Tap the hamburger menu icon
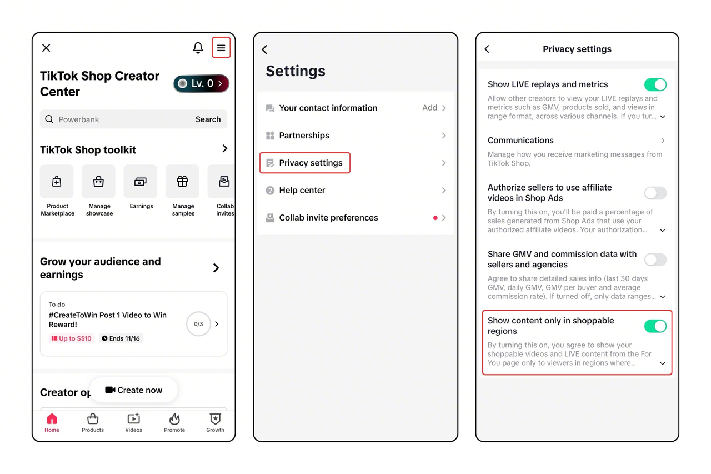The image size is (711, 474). (221, 48)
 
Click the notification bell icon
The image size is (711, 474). (198, 48)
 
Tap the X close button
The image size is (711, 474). (46, 48)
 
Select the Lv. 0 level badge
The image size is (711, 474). (201, 83)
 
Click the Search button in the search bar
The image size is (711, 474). (208, 119)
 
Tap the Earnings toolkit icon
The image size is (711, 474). (141, 181)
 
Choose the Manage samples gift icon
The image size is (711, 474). (182, 181)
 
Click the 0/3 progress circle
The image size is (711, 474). (198, 324)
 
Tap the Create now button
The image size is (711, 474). (134, 390)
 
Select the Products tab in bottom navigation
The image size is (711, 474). (93, 422)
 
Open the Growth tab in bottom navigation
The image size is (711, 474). (215, 422)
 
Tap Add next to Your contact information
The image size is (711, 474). (430, 108)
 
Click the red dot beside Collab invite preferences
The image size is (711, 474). (435, 218)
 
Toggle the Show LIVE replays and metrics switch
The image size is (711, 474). (655, 85)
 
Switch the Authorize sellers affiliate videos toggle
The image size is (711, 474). (655, 193)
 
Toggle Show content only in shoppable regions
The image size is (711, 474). (655, 326)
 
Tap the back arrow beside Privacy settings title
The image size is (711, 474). (487, 49)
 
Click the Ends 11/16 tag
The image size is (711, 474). (121, 338)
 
